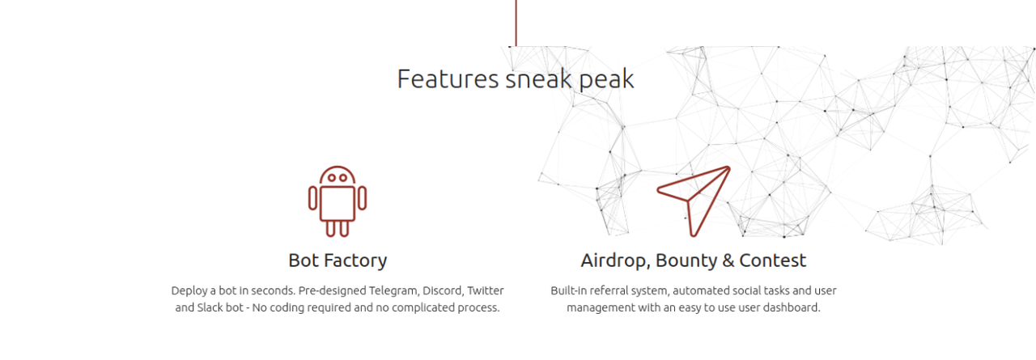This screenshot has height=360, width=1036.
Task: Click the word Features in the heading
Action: pos(448,78)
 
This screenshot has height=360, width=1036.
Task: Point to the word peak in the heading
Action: pos(606,80)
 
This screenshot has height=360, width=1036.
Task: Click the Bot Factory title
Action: pos(338,260)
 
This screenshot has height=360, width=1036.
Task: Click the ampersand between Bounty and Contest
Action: pos(728,260)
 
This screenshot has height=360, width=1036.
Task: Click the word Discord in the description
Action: pos(442,290)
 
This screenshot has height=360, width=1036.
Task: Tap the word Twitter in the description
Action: pos(485,290)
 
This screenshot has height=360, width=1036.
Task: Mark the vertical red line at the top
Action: pos(516,23)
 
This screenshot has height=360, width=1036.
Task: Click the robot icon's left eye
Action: pos(332,177)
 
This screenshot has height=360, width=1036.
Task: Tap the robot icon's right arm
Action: pos(362,197)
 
